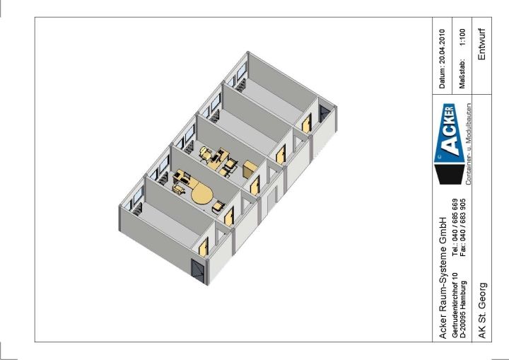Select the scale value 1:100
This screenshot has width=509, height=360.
[462, 37]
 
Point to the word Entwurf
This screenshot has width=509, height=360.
[482, 44]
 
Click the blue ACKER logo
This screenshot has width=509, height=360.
[450, 134]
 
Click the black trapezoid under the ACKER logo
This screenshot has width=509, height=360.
[451, 174]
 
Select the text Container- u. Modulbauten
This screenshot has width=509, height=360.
[469, 144]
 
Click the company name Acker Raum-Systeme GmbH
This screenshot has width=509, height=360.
[442, 277]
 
